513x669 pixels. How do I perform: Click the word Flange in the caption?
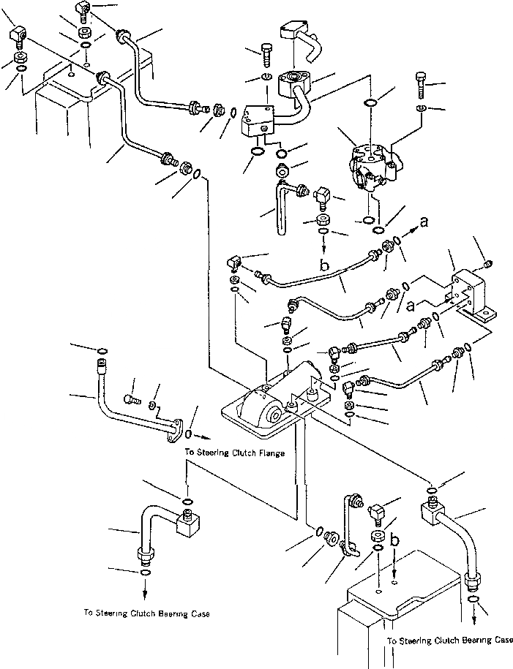pos(272,453)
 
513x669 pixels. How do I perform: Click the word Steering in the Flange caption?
pos(213,453)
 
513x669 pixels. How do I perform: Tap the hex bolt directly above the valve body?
pos(420,86)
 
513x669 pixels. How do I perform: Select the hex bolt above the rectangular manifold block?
pos(265,55)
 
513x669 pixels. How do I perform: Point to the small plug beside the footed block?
pos(490,265)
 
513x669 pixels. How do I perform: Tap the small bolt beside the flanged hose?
pos(131,400)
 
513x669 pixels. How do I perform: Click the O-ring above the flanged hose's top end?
pos(102,351)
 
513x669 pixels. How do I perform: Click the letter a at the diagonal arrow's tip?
pos(423,222)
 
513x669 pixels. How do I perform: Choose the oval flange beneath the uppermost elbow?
pos(295,83)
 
